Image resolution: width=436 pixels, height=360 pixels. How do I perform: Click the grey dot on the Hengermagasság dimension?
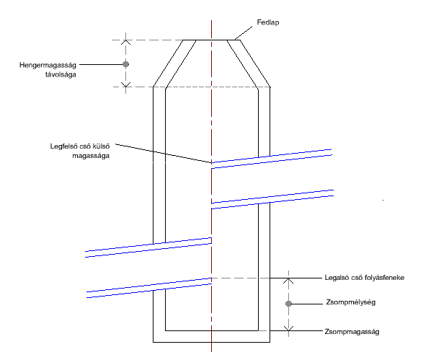(x=126, y=64)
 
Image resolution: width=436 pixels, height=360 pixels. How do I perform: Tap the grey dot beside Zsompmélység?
(x=289, y=304)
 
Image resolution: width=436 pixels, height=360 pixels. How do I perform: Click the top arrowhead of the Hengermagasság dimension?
(x=126, y=43)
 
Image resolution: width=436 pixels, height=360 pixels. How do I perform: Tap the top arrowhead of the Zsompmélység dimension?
(x=289, y=281)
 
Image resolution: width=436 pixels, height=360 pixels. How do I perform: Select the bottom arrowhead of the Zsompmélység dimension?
(x=289, y=328)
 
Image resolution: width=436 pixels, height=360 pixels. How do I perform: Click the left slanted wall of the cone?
(x=174, y=64)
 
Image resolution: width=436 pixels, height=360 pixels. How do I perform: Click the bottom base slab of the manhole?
(x=211, y=336)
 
